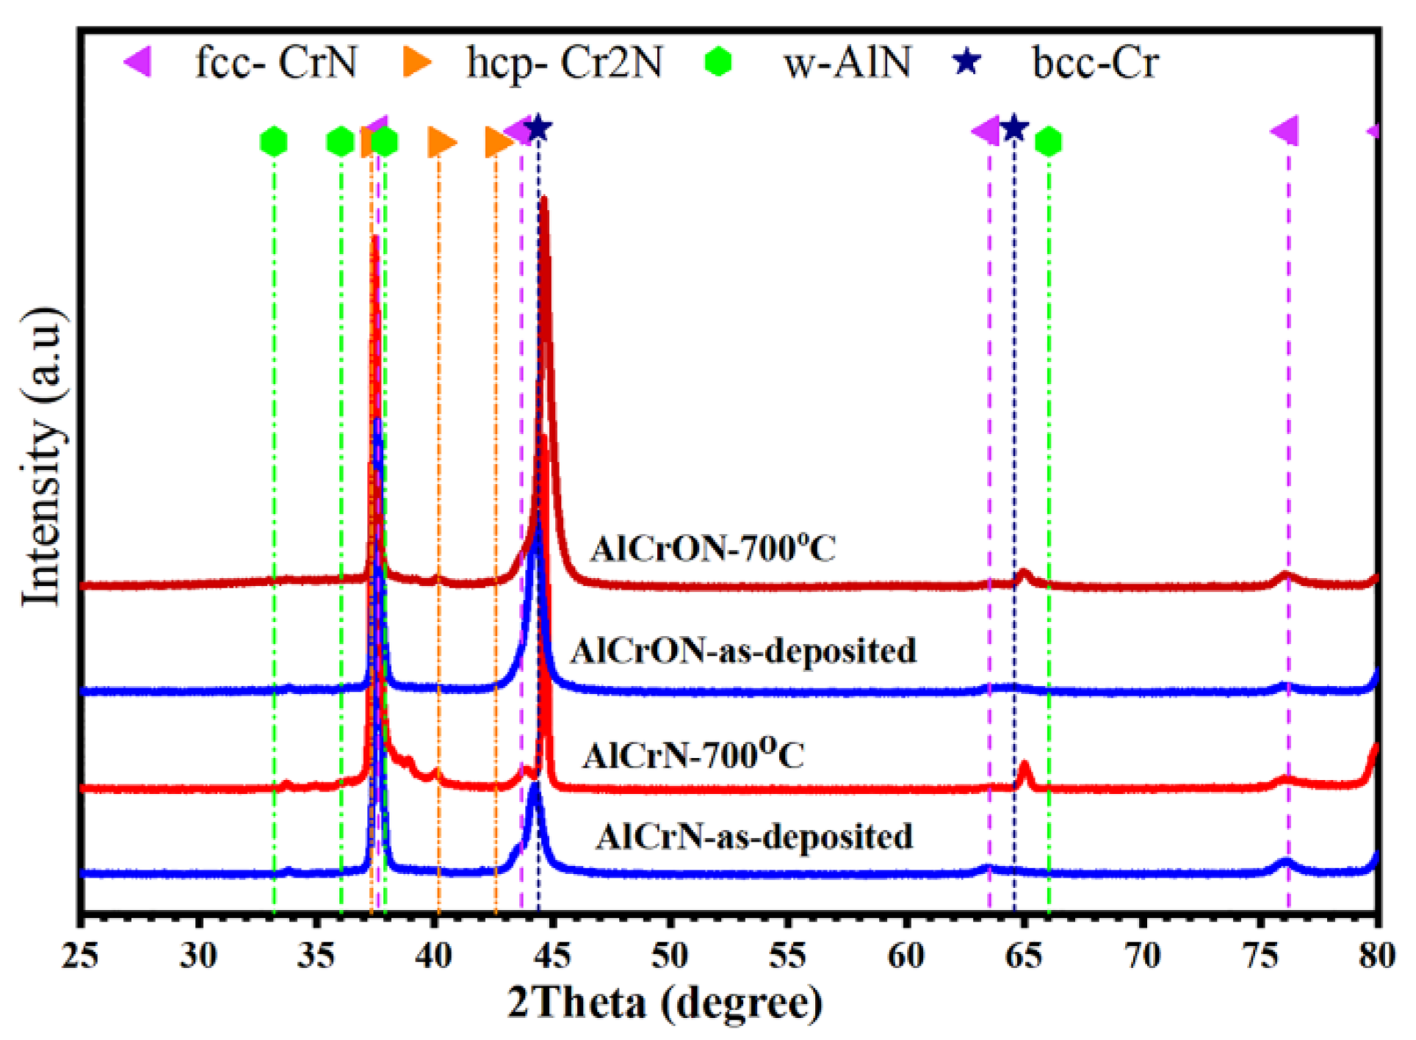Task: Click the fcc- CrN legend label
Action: (275, 62)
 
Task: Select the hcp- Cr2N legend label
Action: (564, 62)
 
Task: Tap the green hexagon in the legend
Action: (718, 62)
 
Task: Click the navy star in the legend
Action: (967, 62)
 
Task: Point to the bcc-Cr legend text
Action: (1095, 62)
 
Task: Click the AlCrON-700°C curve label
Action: (712, 549)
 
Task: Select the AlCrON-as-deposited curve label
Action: (743, 651)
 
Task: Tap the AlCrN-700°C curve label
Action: (693, 755)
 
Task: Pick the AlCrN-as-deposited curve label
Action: (754, 837)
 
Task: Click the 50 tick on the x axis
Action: (670, 956)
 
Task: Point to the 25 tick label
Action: (80, 956)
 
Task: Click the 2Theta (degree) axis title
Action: (665, 1003)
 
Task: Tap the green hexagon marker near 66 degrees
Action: (1048, 142)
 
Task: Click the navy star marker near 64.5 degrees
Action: (1014, 129)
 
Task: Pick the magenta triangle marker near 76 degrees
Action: (1285, 131)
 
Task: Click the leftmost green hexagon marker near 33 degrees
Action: (274, 142)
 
